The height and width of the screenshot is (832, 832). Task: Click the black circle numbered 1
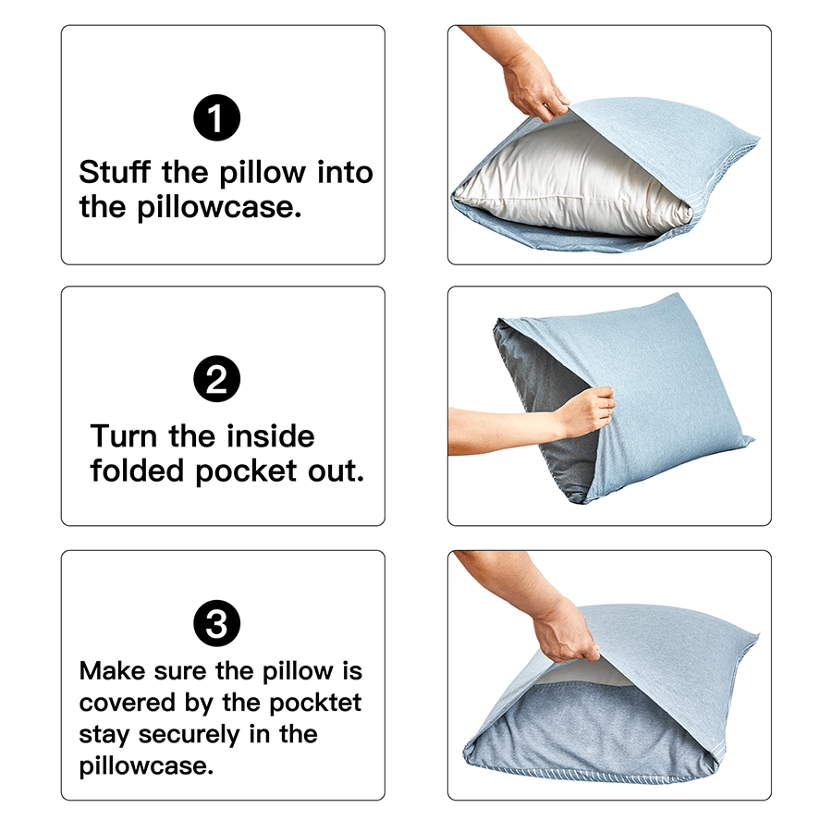pos(216,117)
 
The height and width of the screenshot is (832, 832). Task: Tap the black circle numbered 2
pos(216,379)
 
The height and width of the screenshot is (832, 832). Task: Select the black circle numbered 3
pos(216,623)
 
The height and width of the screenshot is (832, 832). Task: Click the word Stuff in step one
pos(115,172)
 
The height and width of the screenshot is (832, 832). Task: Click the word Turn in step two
pos(124,436)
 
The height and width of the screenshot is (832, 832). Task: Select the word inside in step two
pos(271,436)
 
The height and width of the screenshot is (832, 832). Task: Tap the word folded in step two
pos(137,471)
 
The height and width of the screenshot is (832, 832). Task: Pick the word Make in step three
pos(112,671)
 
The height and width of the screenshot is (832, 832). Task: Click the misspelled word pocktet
pos(315,704)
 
